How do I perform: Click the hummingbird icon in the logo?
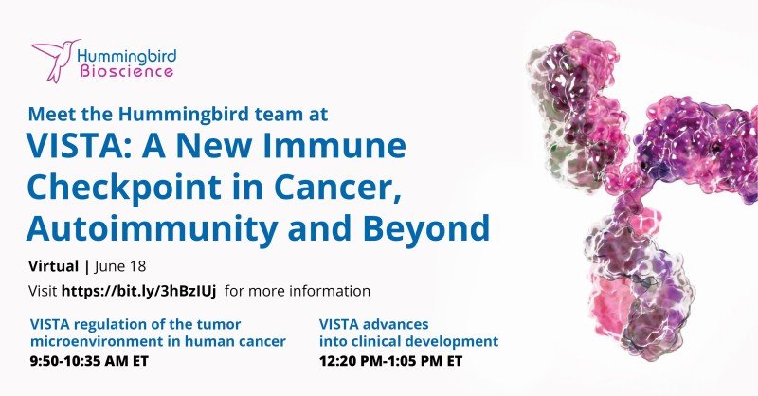[54, 60]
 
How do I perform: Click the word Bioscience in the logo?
[127, 72]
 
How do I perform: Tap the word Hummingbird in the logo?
[127, 57]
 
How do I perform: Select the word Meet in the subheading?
[45, 114]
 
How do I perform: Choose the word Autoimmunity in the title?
[151, 228]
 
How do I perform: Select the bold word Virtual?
[53, 266]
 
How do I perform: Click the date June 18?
[120, 266]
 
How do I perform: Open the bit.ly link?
[138, 291]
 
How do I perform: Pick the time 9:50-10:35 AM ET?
[89, 361]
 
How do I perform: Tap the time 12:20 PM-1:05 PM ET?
[390, 361]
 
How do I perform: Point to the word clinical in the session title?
[371, 341]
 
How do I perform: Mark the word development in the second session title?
[449, 341]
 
